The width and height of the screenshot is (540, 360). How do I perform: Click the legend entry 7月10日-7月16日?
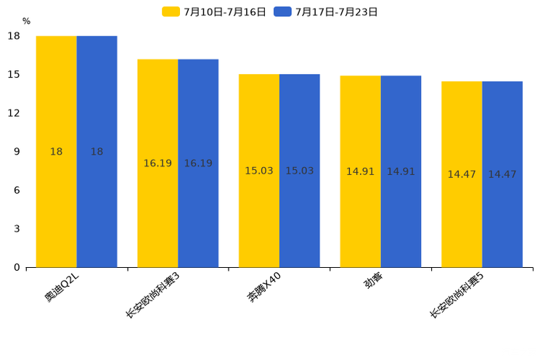click(x=214, y=12)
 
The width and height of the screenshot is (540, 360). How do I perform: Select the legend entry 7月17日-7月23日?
click(x=326, y=12)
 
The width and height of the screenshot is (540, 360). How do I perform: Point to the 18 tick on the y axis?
click(x=14, y=36)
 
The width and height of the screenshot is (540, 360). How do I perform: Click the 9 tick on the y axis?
click(x=17, y=152)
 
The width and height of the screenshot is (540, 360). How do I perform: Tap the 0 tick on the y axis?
click(x=17, y=267)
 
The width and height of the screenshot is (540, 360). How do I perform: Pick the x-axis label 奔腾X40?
click(x=265, y=287)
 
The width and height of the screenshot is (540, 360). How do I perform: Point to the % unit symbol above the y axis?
click(x=26, y=21)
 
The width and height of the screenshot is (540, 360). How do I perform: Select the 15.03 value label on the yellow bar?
click(x=259, y=171)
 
